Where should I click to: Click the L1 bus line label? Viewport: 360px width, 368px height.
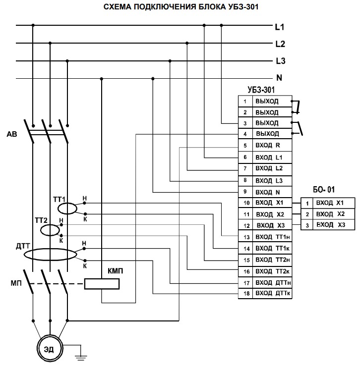(279, 26)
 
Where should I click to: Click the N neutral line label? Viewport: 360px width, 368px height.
(279, 78)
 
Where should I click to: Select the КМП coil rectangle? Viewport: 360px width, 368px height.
(102, 284)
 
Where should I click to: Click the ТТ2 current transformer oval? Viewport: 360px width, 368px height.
(50, 230)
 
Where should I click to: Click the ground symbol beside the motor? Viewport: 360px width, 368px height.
(78, 355)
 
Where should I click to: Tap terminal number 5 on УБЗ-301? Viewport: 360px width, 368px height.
(244, 146)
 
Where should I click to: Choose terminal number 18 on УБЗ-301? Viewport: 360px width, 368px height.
(244, 294)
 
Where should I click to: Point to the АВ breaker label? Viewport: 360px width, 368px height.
(13, 134)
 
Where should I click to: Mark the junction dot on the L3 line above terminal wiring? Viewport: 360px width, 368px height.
(170, 61)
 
